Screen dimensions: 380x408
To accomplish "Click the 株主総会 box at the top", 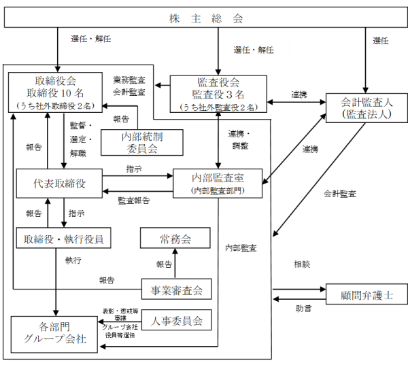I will (205, 18).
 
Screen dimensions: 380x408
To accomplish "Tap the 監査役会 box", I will (216, 93).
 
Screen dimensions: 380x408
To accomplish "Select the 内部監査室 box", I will (218, 184).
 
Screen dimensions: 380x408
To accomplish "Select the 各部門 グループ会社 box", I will (54, 333).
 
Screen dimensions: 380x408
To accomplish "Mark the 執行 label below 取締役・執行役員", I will (73, 259).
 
